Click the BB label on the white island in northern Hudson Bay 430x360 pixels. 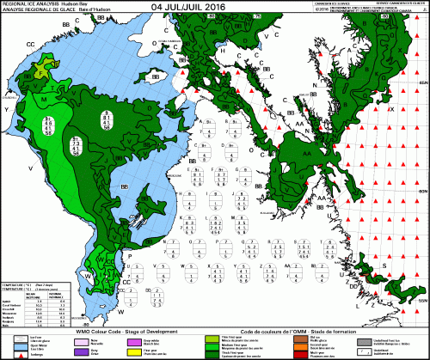pyautogui.click(x=157, y=77)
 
